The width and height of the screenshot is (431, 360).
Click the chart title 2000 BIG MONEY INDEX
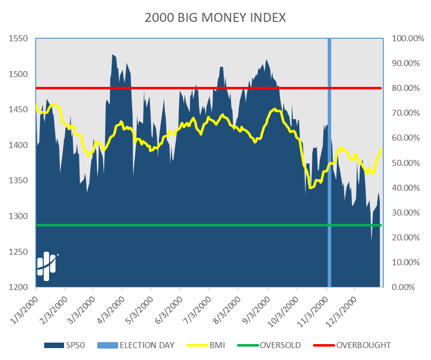215,18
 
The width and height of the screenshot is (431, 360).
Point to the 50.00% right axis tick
406,163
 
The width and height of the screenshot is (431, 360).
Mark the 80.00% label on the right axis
406,88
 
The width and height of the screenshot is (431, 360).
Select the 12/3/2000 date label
342,305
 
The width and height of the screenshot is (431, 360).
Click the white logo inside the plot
46,266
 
